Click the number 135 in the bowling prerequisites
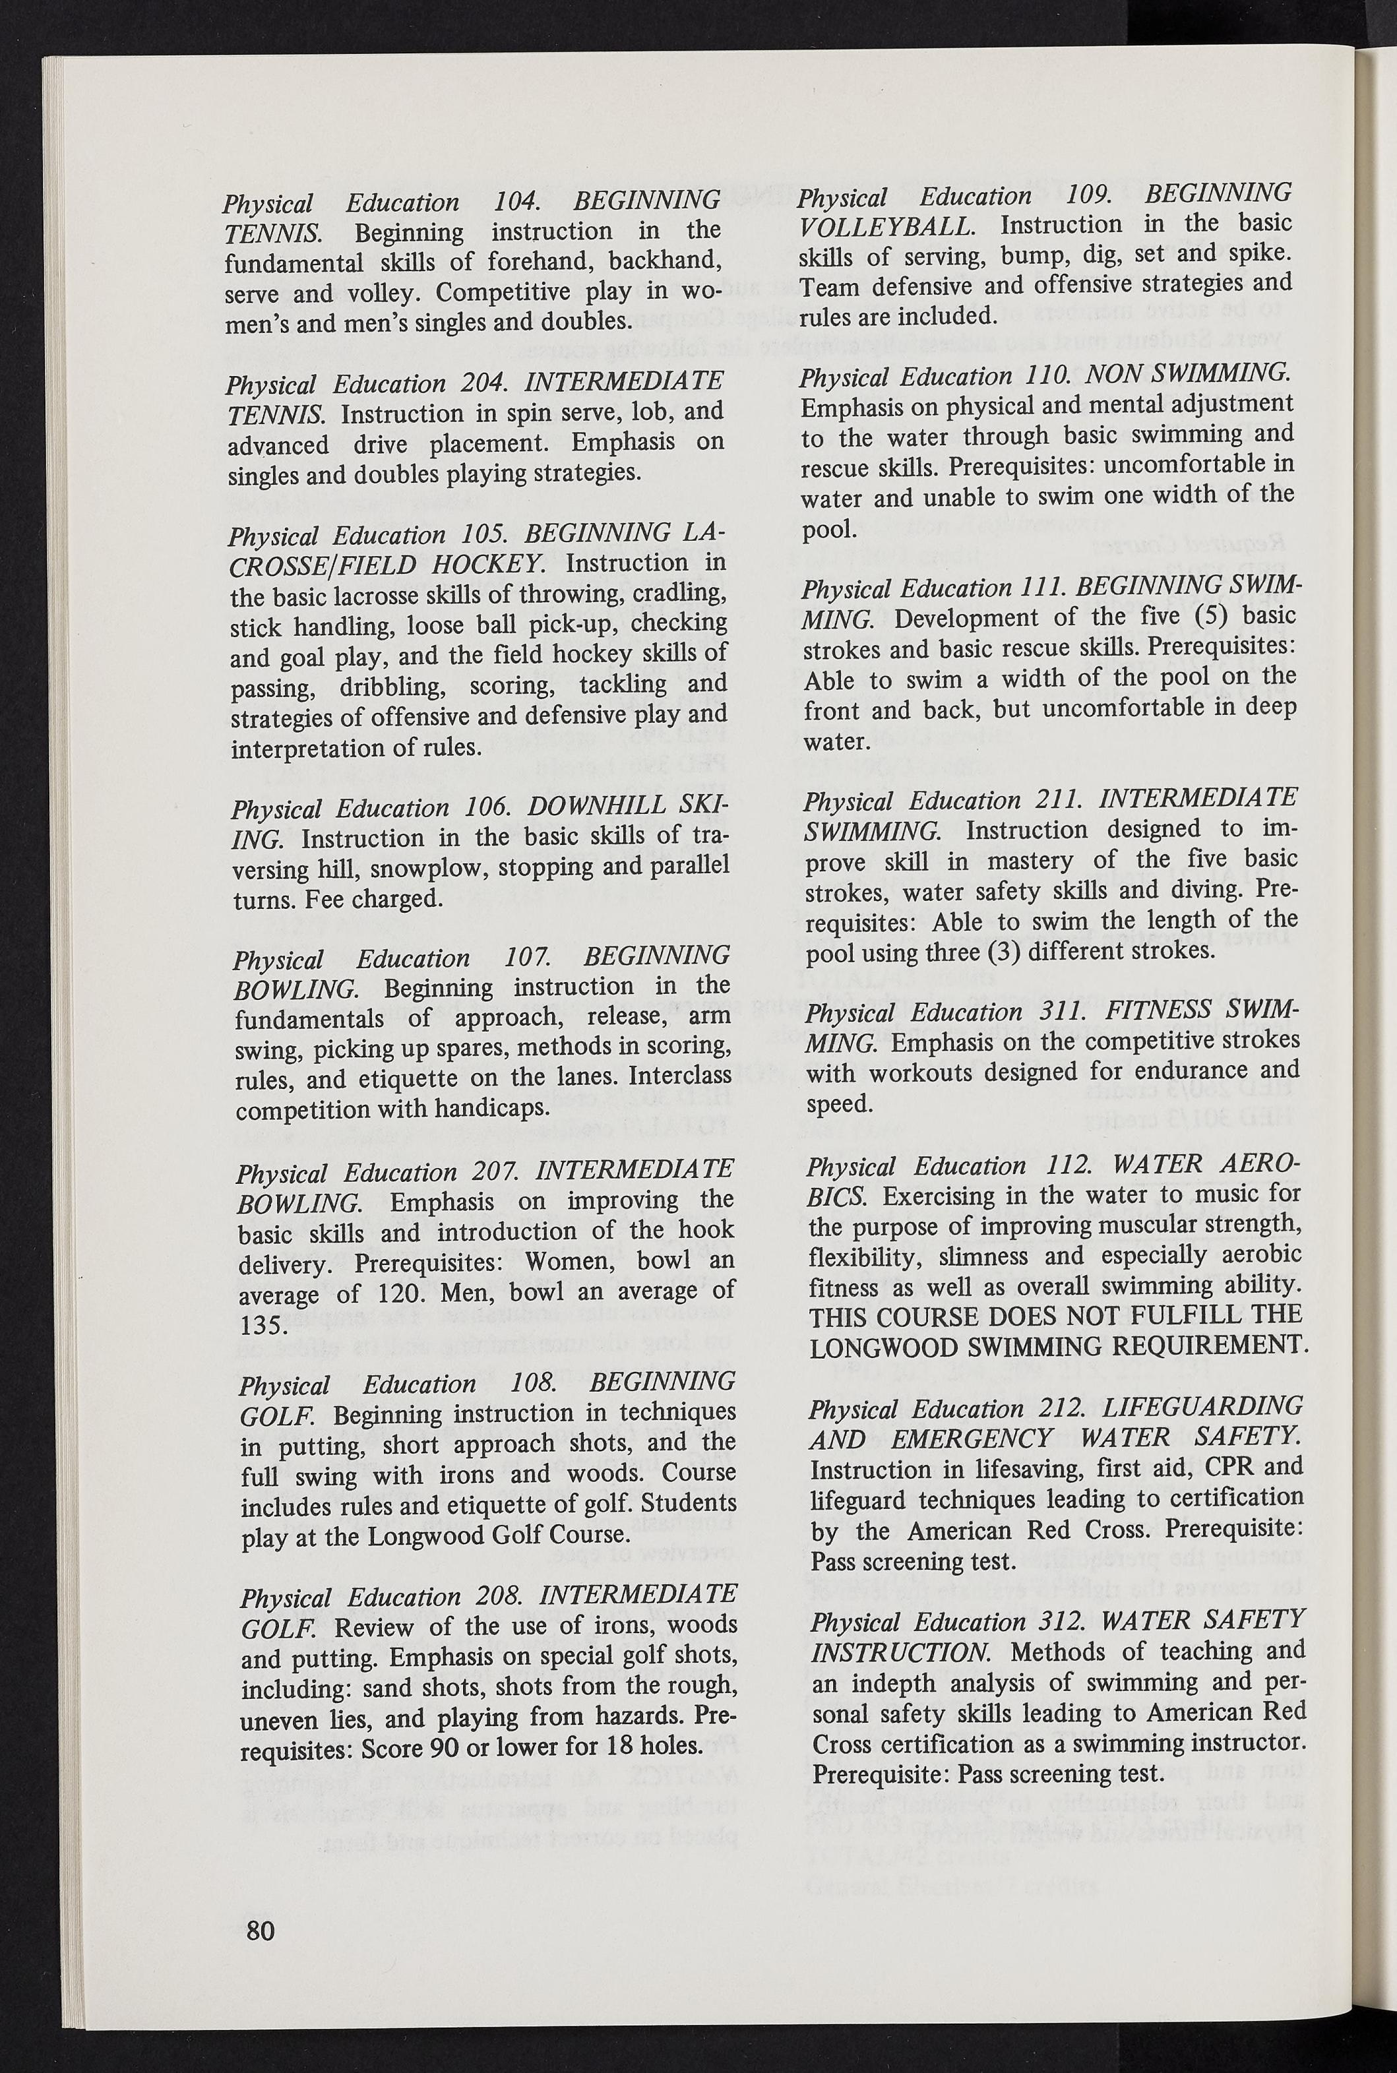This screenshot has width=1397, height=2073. [262, 1324]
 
